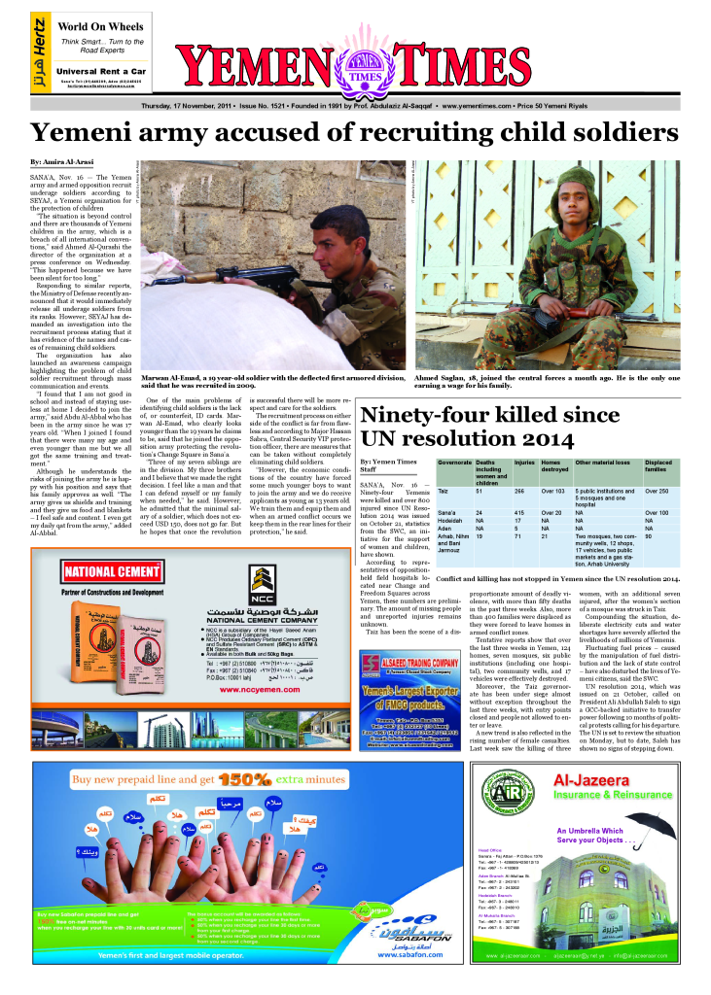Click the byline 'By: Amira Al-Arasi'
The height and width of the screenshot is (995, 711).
coord(63,160)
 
